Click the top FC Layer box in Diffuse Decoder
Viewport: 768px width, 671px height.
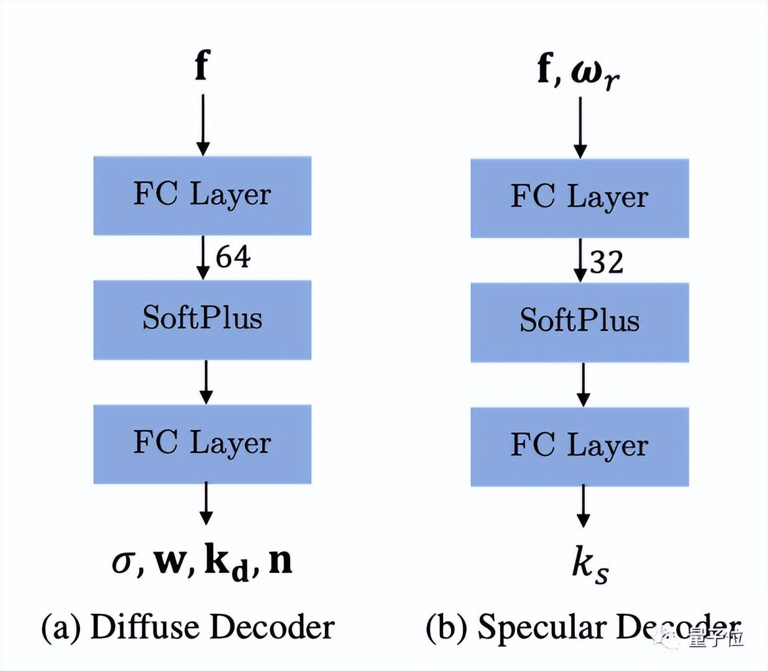pos(202,196)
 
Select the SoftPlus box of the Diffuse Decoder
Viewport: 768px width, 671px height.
pos(202,319)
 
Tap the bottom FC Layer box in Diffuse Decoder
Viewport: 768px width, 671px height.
pos(202,444)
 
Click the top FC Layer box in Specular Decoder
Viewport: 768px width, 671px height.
pos(579,198)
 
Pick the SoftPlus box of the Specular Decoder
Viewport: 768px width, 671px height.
pos(579,322)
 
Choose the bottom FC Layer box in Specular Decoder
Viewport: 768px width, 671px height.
pos(579,446)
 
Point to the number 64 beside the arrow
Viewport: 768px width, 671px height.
pos(233,257)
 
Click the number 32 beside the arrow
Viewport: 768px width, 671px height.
pos(606,262)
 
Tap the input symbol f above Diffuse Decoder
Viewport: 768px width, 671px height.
pos(202,65)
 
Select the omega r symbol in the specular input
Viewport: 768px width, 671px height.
pos(595,73)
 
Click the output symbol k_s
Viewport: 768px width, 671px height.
pos(589,565)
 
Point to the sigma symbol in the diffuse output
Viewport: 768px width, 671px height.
pos(123,562)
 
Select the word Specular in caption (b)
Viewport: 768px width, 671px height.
pos(541,628)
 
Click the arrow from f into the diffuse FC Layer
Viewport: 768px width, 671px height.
pos(203,125)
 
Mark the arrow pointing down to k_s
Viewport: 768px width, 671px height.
pos(583,506)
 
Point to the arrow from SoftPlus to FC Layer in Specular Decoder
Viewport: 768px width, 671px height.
pos(583,385)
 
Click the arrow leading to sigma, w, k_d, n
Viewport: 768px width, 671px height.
pos(206,504)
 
